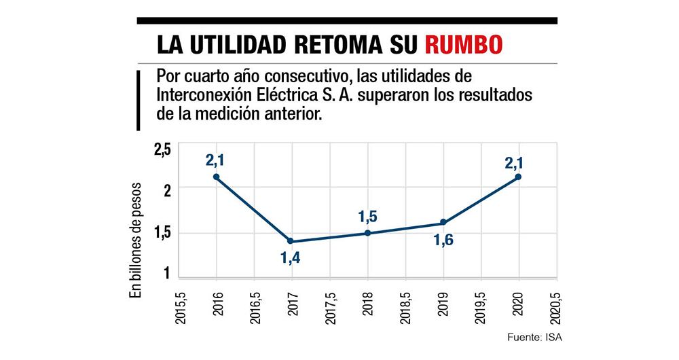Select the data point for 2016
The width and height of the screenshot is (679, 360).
[x=216, y=177]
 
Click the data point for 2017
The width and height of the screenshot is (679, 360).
[x=291, y=241]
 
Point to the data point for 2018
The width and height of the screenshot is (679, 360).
[x=367, y=233]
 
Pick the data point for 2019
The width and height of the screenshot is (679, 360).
[x=443, y=222]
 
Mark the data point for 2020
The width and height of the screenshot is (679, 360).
[x=519, y=177]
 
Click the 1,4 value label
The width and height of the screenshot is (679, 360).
[x=291, y=259]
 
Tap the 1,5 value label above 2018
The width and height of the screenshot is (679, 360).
[x=367, y=217]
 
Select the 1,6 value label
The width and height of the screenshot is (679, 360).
[x=443, y=239]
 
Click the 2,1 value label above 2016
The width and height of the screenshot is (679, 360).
[x=216, y=160]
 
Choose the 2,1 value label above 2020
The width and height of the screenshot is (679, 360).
[x=519, y=160]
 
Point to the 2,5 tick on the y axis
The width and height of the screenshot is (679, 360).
[x=164, y=149]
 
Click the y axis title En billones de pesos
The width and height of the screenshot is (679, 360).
[x=135, y=240]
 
